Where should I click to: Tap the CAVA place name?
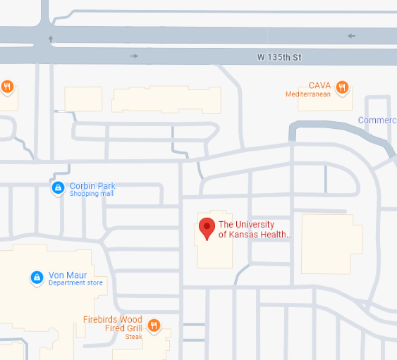[319, 85]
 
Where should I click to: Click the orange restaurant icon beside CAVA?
[342, 87]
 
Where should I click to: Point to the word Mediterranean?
[308, 94]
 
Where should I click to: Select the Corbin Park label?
[92, 186]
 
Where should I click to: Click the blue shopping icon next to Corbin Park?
[57, 188]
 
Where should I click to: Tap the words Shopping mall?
[91, 194]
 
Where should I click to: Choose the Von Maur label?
[66, 275]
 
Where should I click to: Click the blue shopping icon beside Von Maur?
[36, 278]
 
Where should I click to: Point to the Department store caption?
[75, 283]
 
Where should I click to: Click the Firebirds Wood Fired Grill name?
[113, 324]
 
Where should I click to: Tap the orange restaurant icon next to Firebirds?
[154, 325]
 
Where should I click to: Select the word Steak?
[134, 337]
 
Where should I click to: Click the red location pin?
[207, 228]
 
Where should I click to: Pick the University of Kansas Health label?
[255, 230]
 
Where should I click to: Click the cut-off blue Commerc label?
[377, 120]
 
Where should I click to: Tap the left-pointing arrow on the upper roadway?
[351, 36]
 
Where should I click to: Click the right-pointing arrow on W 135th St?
[135, 56]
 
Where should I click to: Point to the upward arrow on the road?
[50, 38]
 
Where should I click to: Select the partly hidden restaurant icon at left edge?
[6, 87]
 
